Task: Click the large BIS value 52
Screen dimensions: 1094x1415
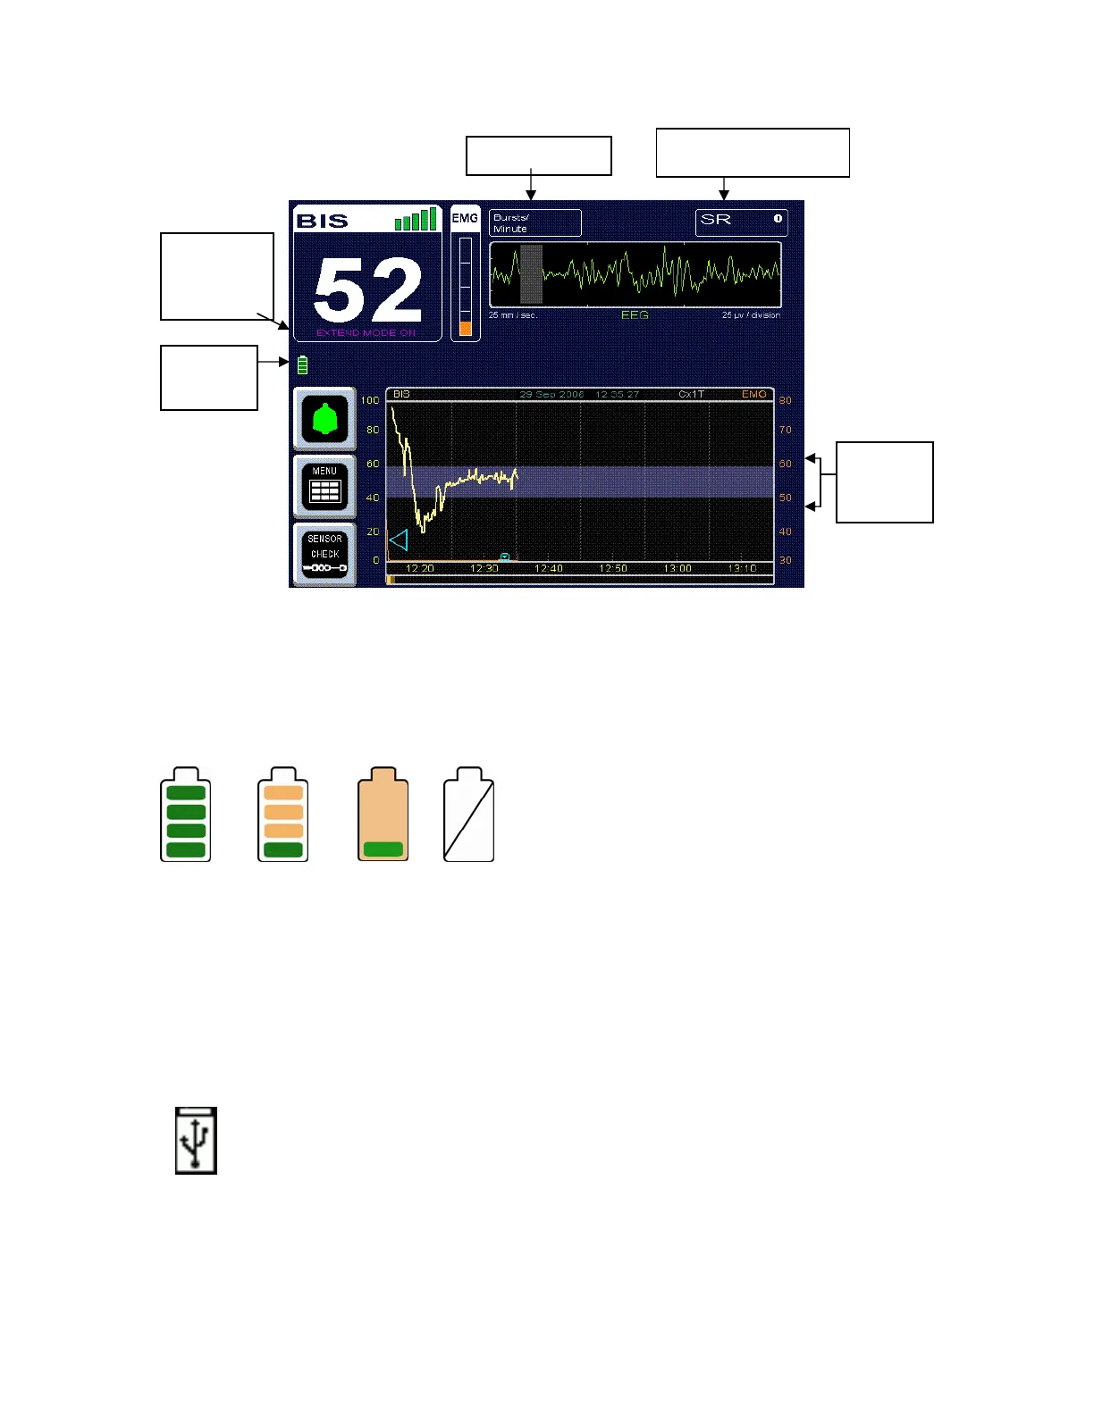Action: pos(367,290)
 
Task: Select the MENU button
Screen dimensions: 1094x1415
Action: pos(324,486)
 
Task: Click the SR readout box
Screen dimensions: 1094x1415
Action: pos(741,222)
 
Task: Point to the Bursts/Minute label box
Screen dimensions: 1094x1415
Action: pos(534,222)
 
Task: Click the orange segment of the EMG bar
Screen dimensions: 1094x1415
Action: pos(466,328)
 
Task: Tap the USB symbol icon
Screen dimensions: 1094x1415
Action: pos(196,1141)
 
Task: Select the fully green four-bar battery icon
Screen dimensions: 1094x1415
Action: pos(185,815)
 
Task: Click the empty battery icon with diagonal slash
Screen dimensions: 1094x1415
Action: pos(468,815)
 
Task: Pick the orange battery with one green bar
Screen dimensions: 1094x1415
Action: pos(383,815)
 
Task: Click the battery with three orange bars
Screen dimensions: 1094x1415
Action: pos(282,815)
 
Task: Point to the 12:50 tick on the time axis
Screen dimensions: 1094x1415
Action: pos(612,568)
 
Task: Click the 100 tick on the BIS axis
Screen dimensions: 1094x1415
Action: pos(370,400)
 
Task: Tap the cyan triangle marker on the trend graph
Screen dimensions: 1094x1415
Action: pos(399,540)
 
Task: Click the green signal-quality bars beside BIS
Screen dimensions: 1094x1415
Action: pos(416,219)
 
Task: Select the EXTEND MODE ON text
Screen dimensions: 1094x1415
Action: pos(366,333)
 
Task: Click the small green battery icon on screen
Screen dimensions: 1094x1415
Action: pos(302,364)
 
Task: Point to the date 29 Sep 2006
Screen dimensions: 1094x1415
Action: pos(551,394)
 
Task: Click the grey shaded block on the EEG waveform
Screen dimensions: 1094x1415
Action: pos(531,274)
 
